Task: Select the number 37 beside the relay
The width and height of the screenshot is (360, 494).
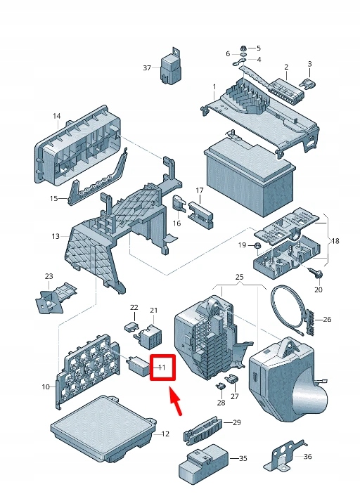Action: (147, 67)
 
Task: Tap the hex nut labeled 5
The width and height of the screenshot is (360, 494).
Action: (243, 48)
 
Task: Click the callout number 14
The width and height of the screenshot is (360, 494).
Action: (56, 116)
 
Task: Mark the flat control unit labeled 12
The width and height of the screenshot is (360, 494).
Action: (103, 430)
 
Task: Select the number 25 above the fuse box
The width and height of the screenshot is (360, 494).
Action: (239, 277)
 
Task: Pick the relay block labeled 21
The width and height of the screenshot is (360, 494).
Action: (150, 337)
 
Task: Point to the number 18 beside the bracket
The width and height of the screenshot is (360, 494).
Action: (335, 241)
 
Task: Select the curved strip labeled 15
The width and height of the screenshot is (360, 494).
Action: (98, 176)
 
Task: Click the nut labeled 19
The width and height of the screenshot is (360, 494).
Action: (257, 246)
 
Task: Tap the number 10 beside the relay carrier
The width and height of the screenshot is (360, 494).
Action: (46, 386)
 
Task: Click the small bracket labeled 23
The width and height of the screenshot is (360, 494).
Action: (56, 297)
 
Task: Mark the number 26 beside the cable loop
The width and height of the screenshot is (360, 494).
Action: (327, 320)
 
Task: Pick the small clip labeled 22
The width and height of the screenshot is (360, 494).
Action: (131, 326)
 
